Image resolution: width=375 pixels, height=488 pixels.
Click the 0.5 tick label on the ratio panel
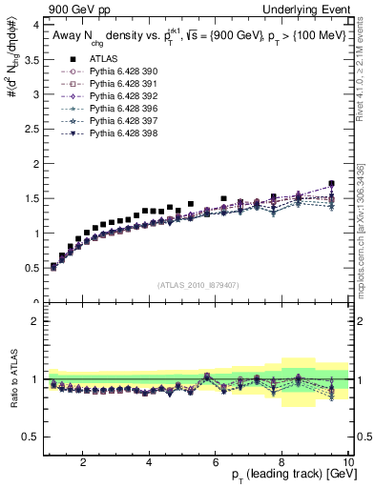point(31,437)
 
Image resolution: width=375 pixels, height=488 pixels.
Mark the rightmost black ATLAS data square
point(331,183)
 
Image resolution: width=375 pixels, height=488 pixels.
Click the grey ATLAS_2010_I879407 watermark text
point(197,284)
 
